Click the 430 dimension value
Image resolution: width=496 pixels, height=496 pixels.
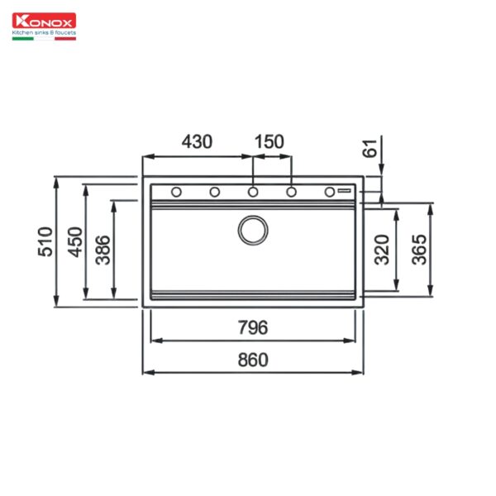click(197, 141)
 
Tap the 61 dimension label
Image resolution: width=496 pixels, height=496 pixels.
click(370, 149)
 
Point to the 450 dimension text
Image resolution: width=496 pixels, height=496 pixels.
click(75, 241)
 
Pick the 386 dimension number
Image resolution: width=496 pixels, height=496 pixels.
click(103, 249)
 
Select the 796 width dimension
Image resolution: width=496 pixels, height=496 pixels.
click(253, 328)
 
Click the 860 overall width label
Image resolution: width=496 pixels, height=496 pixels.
click(253, 360)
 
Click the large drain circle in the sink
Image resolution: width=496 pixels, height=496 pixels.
click(252, 230)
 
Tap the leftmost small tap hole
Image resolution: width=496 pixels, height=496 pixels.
click(176, 193)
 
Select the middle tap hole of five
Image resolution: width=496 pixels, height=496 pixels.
click(253, 193)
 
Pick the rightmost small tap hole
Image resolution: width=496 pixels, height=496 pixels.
click(329, 192)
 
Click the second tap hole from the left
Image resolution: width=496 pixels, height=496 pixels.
click(214, 193)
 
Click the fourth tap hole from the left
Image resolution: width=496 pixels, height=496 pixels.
click(291, 193)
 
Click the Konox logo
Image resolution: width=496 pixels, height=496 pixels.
click(43, 22)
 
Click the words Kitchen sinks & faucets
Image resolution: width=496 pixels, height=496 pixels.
click(43, 33)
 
